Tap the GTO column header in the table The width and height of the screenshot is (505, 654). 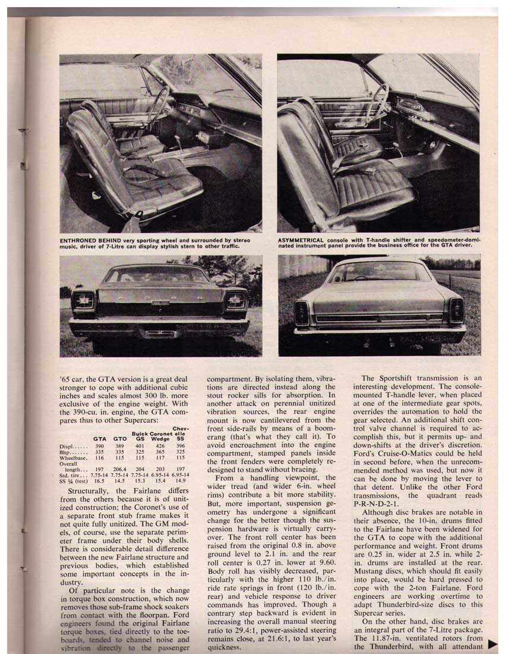119,438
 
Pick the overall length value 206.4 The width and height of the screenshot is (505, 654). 120,469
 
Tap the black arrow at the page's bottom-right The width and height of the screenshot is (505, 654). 493,643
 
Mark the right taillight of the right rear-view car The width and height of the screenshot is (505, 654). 456,310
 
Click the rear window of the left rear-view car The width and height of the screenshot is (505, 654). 157,275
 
